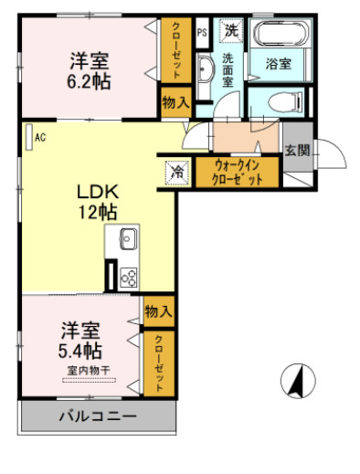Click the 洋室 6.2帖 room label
(x=90, y=70)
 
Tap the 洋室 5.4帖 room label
(x=81, y=340)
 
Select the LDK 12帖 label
(x=94, y=202)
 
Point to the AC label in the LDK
(x=40, y=138)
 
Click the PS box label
(x=201, y=32)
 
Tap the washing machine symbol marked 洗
(x=231, y=29)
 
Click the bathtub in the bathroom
(x=281, y=36)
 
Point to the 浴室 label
(x=278, y=66)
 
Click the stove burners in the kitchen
(x=127, y=278)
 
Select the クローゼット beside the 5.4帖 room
(x=159, y=363)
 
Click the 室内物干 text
(x=89, y=370)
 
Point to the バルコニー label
(x=99, y=417)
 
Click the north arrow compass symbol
(x=295, y=379)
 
